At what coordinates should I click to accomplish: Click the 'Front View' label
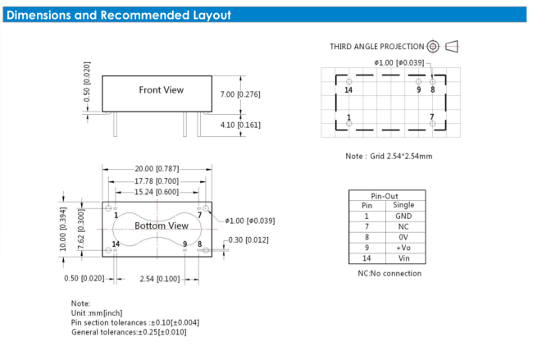[162, 90]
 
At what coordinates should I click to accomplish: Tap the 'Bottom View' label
[162, 225]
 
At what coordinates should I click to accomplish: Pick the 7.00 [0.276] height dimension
[240, 94]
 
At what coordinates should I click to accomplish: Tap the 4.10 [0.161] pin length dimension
[240, 125]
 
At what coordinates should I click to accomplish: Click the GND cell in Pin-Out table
[403, 216]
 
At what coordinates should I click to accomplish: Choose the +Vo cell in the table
[403, 247]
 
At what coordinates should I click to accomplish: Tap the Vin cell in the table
[403, 257]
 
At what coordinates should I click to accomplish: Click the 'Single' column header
[403, 205]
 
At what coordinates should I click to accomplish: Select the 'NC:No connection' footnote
[389, 273]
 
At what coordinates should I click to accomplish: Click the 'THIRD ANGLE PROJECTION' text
[377, 47]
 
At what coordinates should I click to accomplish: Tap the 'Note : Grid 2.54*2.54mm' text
[389, 156]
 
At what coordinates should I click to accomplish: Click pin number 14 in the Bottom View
[116, 244]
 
